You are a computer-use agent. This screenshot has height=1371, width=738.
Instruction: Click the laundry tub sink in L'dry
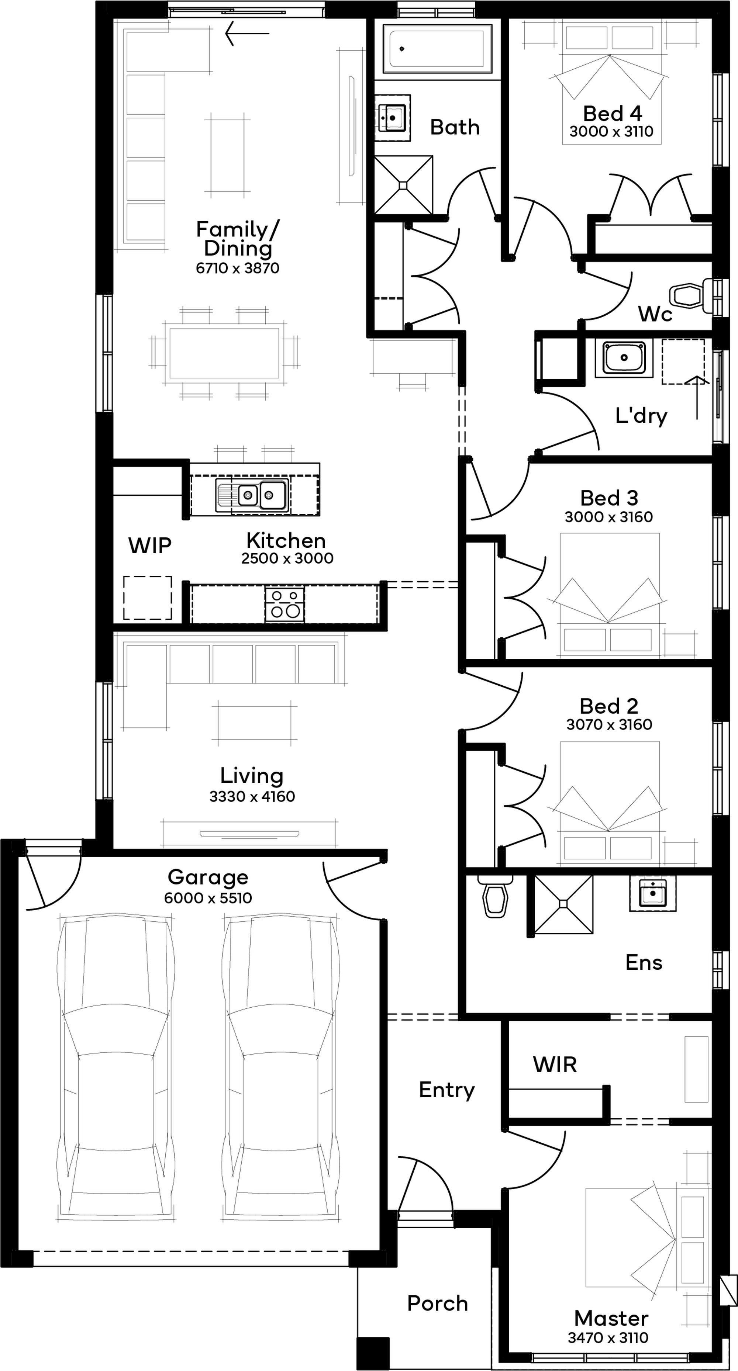coord(624,357)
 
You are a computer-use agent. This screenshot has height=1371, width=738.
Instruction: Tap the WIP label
coord(149,546)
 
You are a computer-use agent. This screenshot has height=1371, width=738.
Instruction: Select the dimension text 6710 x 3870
coord(238,268)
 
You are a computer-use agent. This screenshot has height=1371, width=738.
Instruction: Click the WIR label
coord(555,1064)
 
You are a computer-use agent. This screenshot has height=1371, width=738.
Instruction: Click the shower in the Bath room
coord(403,185)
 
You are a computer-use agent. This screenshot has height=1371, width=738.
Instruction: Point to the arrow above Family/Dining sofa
coord(246,34)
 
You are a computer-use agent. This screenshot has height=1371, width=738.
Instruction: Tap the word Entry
coord(446,1090)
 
